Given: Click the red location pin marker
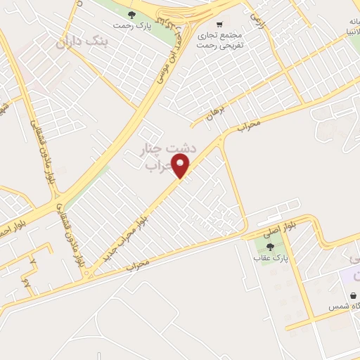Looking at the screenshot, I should (x=182, y=167).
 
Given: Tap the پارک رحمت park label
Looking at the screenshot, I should (x=131, y=26).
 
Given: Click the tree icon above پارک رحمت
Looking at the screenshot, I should (x=131, y=14).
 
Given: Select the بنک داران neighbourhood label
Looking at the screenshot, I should (x=84, y=42).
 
